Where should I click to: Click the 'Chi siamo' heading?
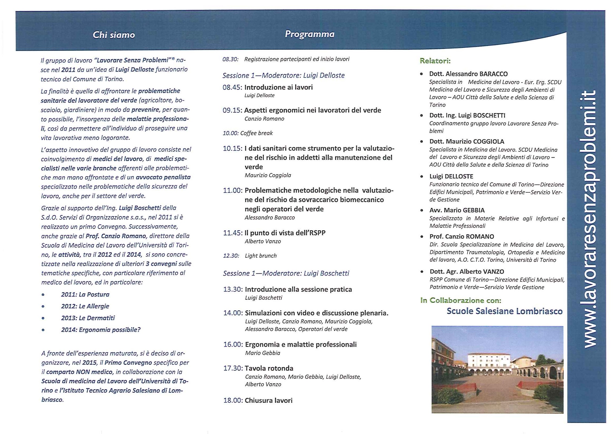click(x=114, y=35)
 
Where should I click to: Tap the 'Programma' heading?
click(x=309, y=34)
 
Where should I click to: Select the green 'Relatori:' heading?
click(x=435, y=61)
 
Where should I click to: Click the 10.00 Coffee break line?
click(x=248, y=133)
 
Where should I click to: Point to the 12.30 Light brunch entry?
click(x=250, y=256)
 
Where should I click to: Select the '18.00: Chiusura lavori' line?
click(x=258, y=400)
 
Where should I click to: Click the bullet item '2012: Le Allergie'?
click(x=85, y=306)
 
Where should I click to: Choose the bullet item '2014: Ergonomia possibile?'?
click(x=100, y=330)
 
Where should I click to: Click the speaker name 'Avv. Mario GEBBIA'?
click(x=457, y=210)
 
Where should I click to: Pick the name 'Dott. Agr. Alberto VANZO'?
click(x=467, y=271)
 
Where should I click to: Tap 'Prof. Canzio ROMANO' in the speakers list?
click(x=462, y=236)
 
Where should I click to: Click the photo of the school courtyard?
click(x=497, y=369)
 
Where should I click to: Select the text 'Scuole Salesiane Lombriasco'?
click(x=504, y=311)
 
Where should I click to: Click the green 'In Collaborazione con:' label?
click(x=460, y=300)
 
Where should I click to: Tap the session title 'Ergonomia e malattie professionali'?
click(x=301, y=345)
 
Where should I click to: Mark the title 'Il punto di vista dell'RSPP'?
click(x=285, y=233)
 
